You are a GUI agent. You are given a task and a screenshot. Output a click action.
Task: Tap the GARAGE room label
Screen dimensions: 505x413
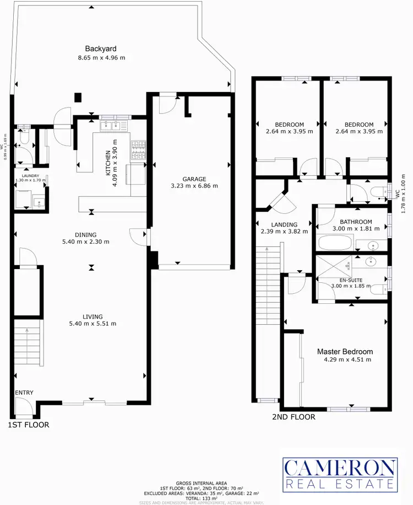[x=195, y=179]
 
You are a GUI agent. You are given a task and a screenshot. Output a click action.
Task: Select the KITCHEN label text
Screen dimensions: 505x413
[x=108, y=162]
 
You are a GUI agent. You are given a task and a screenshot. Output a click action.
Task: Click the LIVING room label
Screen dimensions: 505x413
[x=93, y=316]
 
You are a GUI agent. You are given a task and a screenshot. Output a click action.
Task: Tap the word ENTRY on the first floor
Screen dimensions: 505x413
[x=24, y=393]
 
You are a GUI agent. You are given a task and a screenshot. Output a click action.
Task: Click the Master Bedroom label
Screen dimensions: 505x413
[x=345, y=351]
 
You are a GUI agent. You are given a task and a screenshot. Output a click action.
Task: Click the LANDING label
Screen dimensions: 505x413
[x=284, y=224]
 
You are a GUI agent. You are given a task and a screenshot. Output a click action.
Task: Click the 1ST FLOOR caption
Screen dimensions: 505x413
[x=29, y=425]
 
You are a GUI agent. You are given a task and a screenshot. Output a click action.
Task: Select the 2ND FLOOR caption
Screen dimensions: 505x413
[x=294, y=417]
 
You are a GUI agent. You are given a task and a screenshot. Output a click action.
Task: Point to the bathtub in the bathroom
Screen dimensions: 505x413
[x=334, y=242]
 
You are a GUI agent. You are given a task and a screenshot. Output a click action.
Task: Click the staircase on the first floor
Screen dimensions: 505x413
[x=28, y=342]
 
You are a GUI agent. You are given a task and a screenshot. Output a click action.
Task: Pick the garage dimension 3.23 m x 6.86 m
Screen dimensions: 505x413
[x=195, y=186]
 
